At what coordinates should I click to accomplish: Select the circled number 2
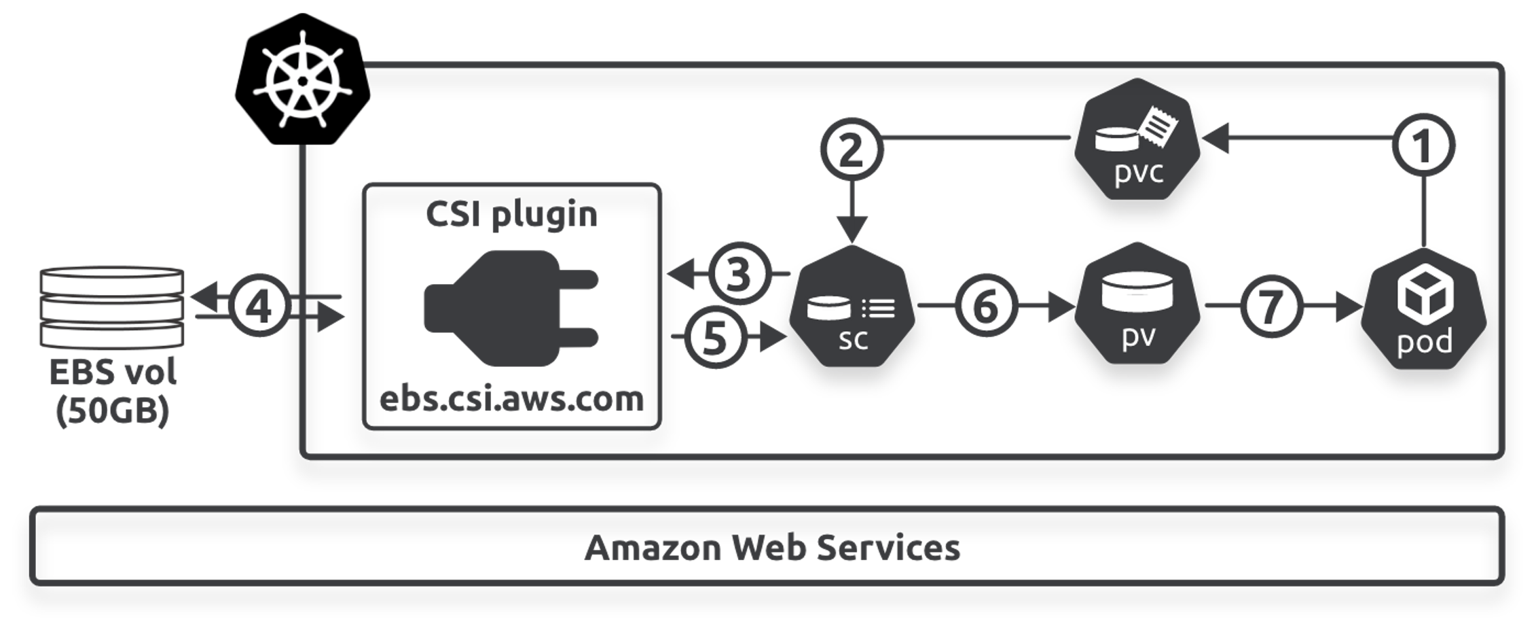click(x=852, y=150)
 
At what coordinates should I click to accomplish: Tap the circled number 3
click(x=739, y=274)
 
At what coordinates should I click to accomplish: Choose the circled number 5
click(x=714, y=338)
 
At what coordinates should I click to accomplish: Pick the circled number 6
click(x=986, y=306)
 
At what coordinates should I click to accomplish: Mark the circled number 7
click(x=1271, y=306)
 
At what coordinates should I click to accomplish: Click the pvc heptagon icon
click(x=1137, y=140)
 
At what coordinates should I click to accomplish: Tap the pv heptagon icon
click(x=1137, y=304)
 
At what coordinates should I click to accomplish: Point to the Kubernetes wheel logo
click(x=303, y=80)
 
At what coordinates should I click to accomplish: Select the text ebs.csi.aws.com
click(x=511, y=399)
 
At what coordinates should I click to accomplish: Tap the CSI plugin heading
click(x=511, y=214)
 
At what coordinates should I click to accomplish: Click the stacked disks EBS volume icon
click(x=112, y=307)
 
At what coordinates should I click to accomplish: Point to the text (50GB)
click(x=112, y=411)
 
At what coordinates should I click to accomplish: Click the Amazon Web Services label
click(x=772, y=548)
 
